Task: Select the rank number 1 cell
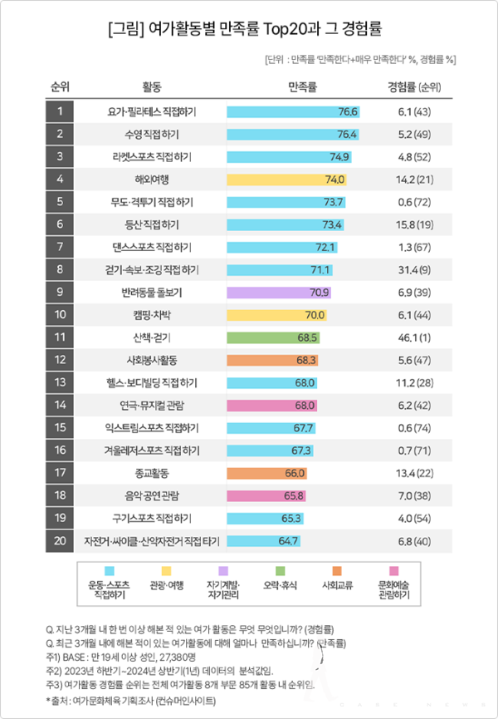point(60,111)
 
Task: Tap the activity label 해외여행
point(152,179)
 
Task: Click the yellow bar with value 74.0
point(286,179)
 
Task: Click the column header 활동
point(152,86)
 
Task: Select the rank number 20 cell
point(60,540)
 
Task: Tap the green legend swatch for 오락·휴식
point(292,569)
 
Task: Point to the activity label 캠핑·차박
point(152,315)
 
